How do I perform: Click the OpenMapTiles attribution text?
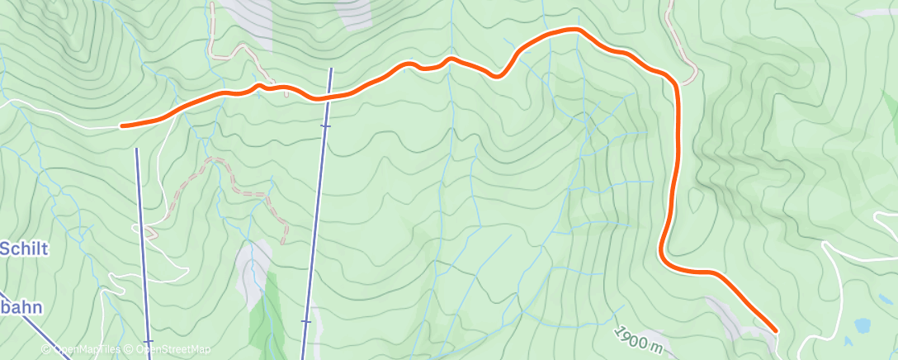82,350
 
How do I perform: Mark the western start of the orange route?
123,126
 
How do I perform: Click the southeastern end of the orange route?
775,330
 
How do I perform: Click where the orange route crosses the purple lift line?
328,97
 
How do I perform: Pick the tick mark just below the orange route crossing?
325,126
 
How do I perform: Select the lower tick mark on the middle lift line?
306,321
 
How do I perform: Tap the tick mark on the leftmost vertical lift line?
148,341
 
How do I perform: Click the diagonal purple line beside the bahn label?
33,326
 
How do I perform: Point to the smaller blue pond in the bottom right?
850,339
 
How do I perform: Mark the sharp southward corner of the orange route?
676,83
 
